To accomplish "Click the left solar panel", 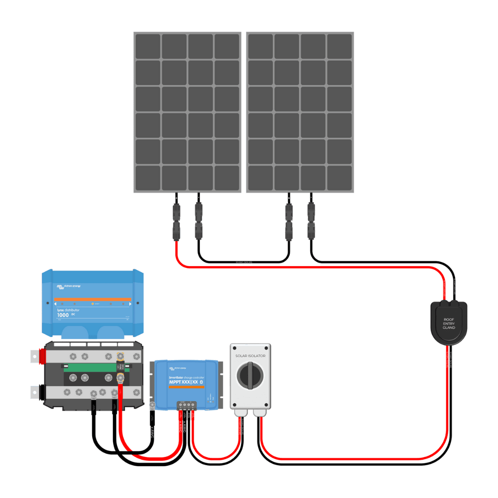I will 188,112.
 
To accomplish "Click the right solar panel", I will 300,112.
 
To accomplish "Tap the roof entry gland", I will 448,321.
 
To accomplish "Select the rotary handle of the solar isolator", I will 250,375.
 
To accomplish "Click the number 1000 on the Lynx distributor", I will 63,315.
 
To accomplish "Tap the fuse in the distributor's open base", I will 120,367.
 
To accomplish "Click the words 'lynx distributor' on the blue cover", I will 68,310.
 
